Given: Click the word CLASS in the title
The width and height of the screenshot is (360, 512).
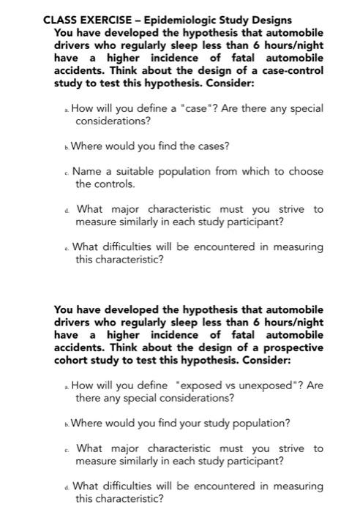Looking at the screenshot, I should (60, 20).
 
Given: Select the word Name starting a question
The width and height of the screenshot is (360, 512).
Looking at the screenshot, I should (87, 171).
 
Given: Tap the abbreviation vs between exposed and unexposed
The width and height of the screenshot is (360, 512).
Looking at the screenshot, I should (217, 385).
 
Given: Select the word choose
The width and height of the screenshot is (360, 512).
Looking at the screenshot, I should (305, 171).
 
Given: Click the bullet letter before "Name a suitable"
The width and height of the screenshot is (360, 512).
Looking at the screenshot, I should (67, 172).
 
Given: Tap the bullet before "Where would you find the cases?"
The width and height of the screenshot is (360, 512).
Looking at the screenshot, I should (65, 146).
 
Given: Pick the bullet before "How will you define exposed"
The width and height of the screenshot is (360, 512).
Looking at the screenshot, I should (65, 386).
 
